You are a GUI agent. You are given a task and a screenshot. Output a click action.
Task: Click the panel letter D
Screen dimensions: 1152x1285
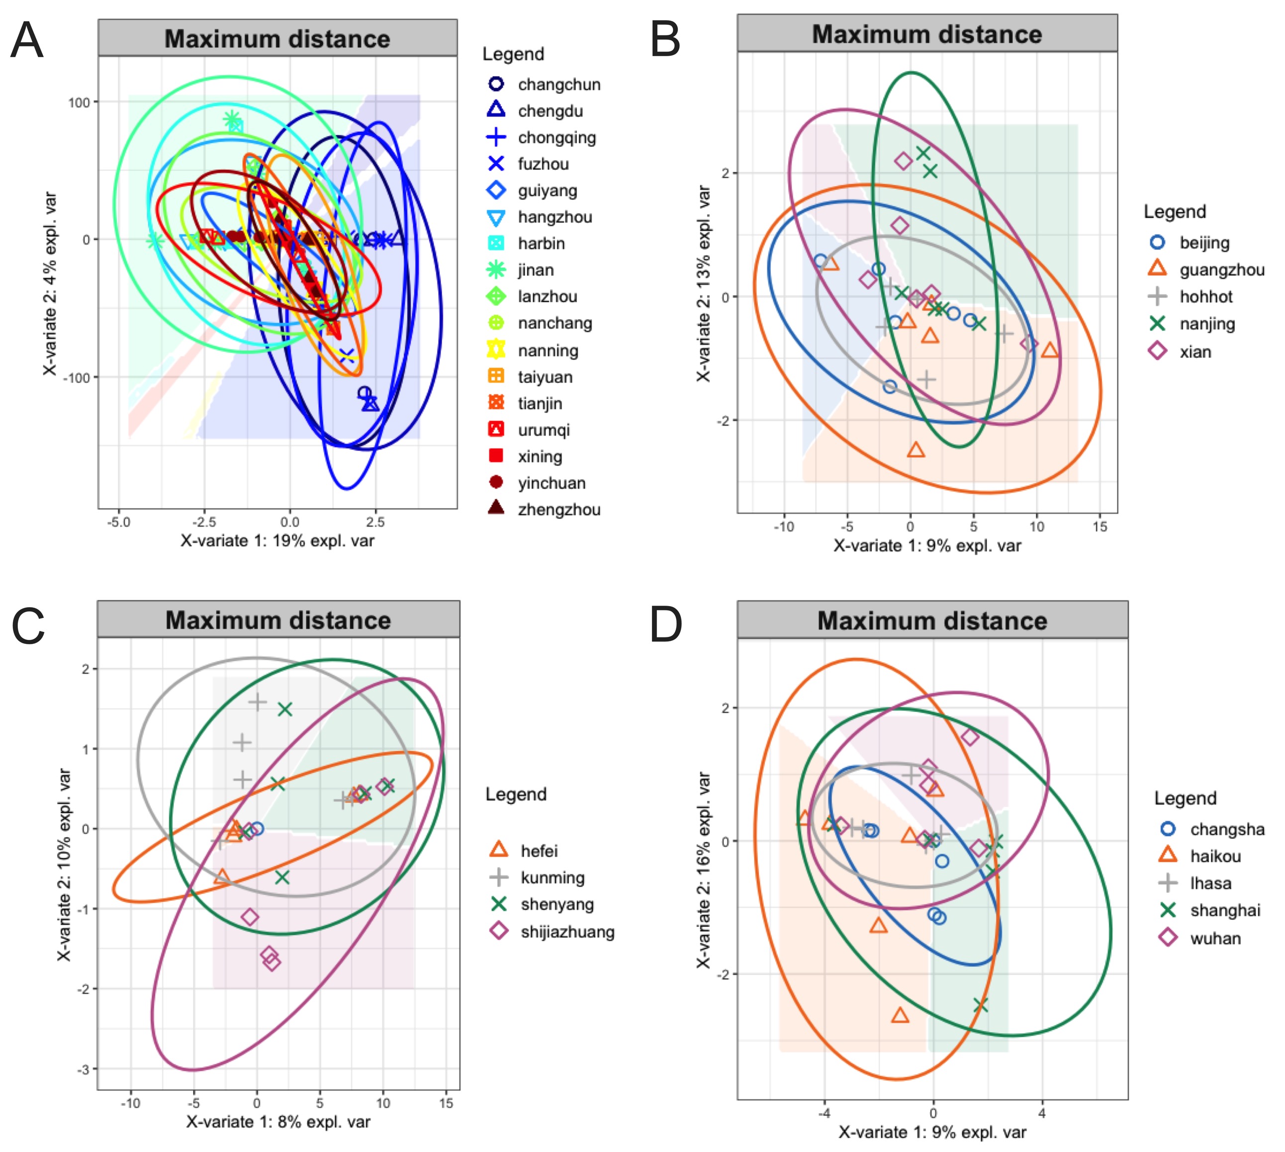tap(666, 625)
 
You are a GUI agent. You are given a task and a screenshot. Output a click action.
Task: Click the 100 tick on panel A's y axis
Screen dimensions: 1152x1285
tap(79, 102)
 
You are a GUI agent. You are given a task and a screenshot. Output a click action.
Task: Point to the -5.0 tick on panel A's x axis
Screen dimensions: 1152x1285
tap(118, 522)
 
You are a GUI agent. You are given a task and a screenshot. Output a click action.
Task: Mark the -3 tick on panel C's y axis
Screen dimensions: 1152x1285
tap(84, 1070)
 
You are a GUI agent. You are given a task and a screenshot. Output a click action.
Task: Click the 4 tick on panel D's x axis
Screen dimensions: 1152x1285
tap(1042, 1113)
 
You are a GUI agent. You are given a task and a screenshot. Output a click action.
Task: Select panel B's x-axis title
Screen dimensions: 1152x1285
tap(927, 545)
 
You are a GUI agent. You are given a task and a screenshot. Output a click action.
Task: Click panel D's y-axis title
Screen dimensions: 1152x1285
tap(703, 870)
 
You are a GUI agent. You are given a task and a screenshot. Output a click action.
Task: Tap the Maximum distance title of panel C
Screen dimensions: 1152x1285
tap(278, 620)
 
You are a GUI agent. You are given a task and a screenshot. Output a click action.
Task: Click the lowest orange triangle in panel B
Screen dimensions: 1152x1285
tap(916, 450)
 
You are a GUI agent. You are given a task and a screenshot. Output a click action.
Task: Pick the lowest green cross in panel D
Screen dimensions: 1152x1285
tap(981, 1005)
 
